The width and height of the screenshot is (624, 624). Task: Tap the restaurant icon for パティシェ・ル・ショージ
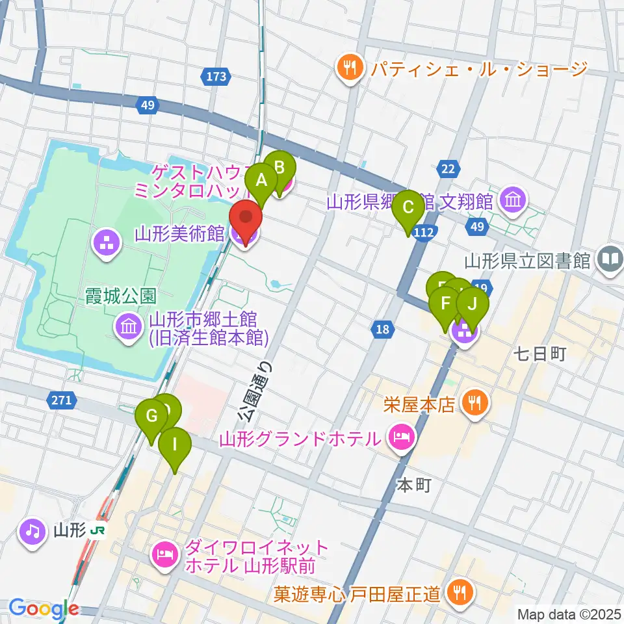350,68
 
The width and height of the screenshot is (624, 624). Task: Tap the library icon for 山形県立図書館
610,261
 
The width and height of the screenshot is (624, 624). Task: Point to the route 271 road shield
61,400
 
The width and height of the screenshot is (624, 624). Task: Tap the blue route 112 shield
423,232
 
